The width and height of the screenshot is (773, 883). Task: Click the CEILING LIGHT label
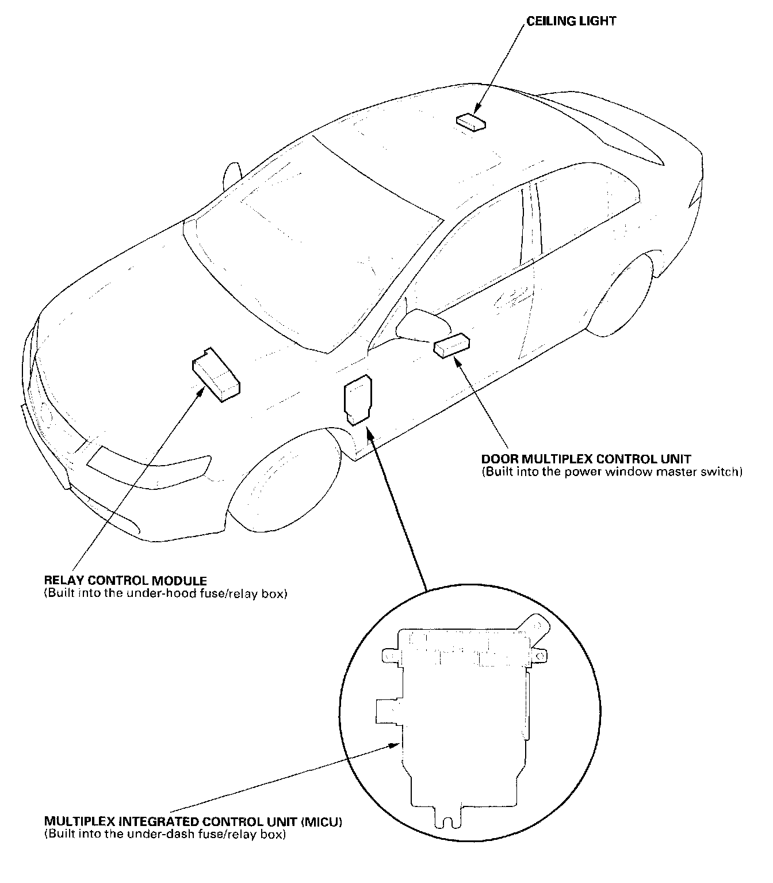(571, 21)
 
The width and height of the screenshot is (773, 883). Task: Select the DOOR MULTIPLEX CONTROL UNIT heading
(586, 459)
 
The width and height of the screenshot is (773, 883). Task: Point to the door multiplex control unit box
(452, 345)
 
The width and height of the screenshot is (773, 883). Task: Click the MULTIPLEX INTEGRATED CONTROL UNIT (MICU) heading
(193, 821)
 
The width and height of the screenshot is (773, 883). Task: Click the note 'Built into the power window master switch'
(612, 472)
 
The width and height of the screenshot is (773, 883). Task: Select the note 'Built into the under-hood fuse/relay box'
(165, 593)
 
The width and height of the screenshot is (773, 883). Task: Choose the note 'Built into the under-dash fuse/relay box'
(164, 833)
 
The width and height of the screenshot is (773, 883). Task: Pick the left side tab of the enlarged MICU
(386, 710)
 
